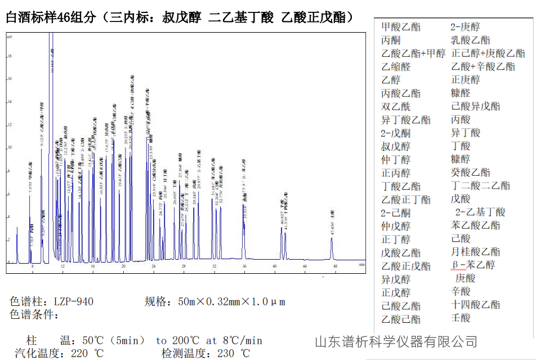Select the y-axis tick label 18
[10, 56]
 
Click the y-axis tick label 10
[10, 148]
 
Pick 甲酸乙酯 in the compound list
[400, 27]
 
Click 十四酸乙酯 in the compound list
[475, 305]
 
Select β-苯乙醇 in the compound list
[473, 265]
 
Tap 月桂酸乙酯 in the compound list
[475, 252]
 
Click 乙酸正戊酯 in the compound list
[406, 266]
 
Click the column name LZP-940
[74, 301]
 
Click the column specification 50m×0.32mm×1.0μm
[231, 301]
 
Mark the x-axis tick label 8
[32, 266]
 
